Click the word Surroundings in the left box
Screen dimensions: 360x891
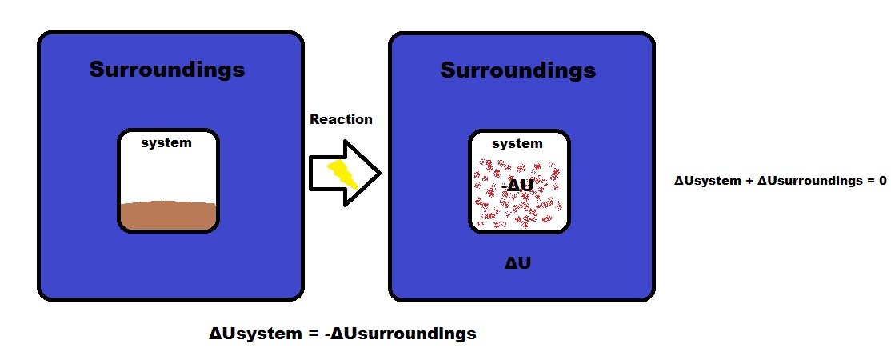point(166,70)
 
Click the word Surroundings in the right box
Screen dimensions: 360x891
point(517,70)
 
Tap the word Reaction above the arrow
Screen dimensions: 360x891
point(341,119)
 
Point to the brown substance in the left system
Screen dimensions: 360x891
point(168,216)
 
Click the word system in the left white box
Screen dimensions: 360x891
point(166,143)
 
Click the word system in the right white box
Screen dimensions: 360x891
point(517,144)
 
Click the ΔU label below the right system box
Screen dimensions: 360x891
point(517,262)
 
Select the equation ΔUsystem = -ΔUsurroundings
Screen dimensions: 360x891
point(342,334)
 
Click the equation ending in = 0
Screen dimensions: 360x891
point(780,181)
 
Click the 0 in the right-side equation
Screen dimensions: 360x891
point(882,181)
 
